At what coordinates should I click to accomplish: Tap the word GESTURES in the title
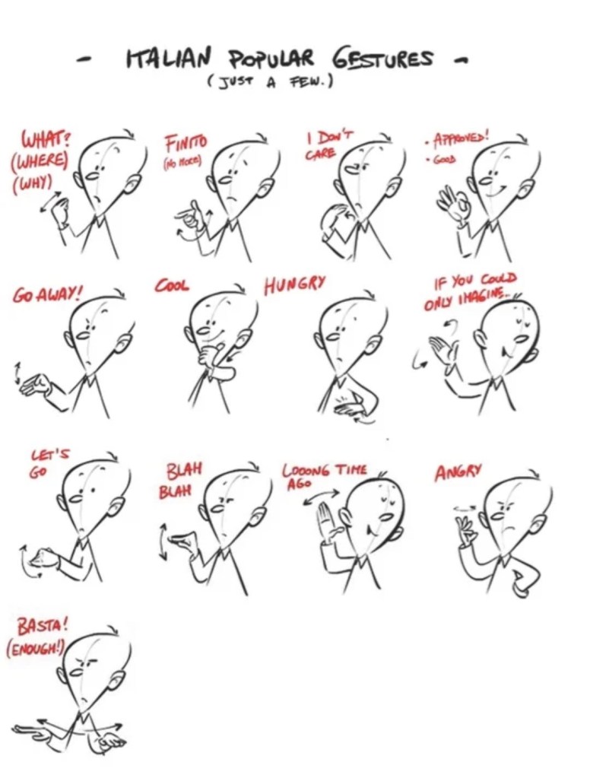click(x=382, y=59)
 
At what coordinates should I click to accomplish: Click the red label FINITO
click(x=186, y=144)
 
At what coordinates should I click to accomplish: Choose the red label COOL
click(x=172, y=286)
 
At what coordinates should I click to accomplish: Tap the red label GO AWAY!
click(x=47, y=296)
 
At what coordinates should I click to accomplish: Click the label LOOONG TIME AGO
click(x=325, y=475)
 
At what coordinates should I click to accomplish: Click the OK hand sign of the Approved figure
click(x=452, y=204)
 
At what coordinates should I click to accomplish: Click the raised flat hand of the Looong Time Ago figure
click(x=328, y=521)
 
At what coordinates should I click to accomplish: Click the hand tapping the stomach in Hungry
click(x=351, y=405)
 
